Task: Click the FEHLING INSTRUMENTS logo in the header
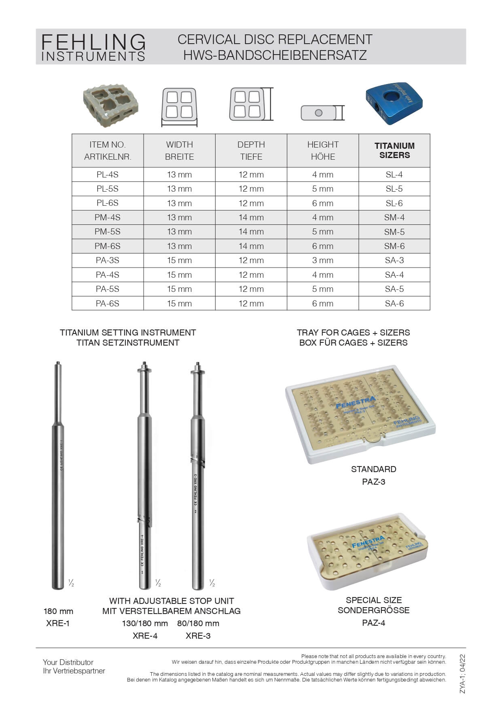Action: (x=93, y=47)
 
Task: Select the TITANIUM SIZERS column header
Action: (x=394, y=150)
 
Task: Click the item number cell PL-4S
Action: (x=108, y=175)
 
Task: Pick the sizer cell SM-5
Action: (x=394, y=232)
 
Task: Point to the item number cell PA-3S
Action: (x=108, y=260)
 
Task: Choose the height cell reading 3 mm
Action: (x=323, y=260)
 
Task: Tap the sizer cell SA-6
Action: (x=394, y=303)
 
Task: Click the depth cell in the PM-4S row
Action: (x=251, y=217)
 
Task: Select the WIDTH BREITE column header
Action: (x=179, y=150)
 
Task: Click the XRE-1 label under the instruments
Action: (x=58, y=623)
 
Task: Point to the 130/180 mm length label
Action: (x=145, y=623)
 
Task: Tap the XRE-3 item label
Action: (x=198, y=635)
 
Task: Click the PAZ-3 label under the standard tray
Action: (x=373, y=481)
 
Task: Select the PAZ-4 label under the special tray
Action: (x=373, y=622)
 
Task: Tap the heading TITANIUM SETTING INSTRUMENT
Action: (x=128, y=332)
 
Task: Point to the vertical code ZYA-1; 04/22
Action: (x=462, y=674)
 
